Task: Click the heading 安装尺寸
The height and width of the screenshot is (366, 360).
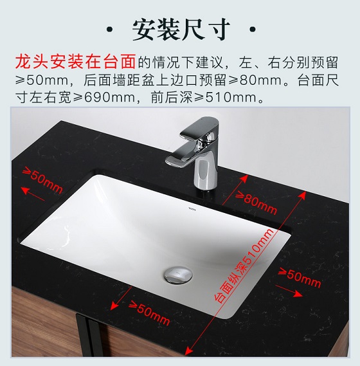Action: (x=181, y=30)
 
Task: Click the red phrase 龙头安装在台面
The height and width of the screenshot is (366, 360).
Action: (x=75, y=62)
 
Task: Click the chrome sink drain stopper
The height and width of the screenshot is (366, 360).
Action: (x=178, y=275)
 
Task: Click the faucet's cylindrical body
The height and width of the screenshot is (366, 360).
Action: (x=205, y=173)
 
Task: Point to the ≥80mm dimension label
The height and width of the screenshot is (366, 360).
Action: (x=256, y=203)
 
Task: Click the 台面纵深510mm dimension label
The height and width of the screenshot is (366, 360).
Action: (x=244, y=266)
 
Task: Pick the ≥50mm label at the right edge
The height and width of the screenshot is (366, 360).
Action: (x=300, y=277)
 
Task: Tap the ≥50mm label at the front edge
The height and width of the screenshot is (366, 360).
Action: (x=149, y=313)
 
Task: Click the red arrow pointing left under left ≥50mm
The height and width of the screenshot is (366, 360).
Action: (x=33, y=194)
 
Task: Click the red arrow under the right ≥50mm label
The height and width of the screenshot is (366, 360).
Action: (x=289, y=291)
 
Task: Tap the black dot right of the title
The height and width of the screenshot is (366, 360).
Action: (x=252, y=30)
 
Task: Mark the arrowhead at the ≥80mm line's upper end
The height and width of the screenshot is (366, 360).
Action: (x=244, y=179)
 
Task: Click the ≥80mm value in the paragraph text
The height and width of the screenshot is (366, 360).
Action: (x=255, y=80)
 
